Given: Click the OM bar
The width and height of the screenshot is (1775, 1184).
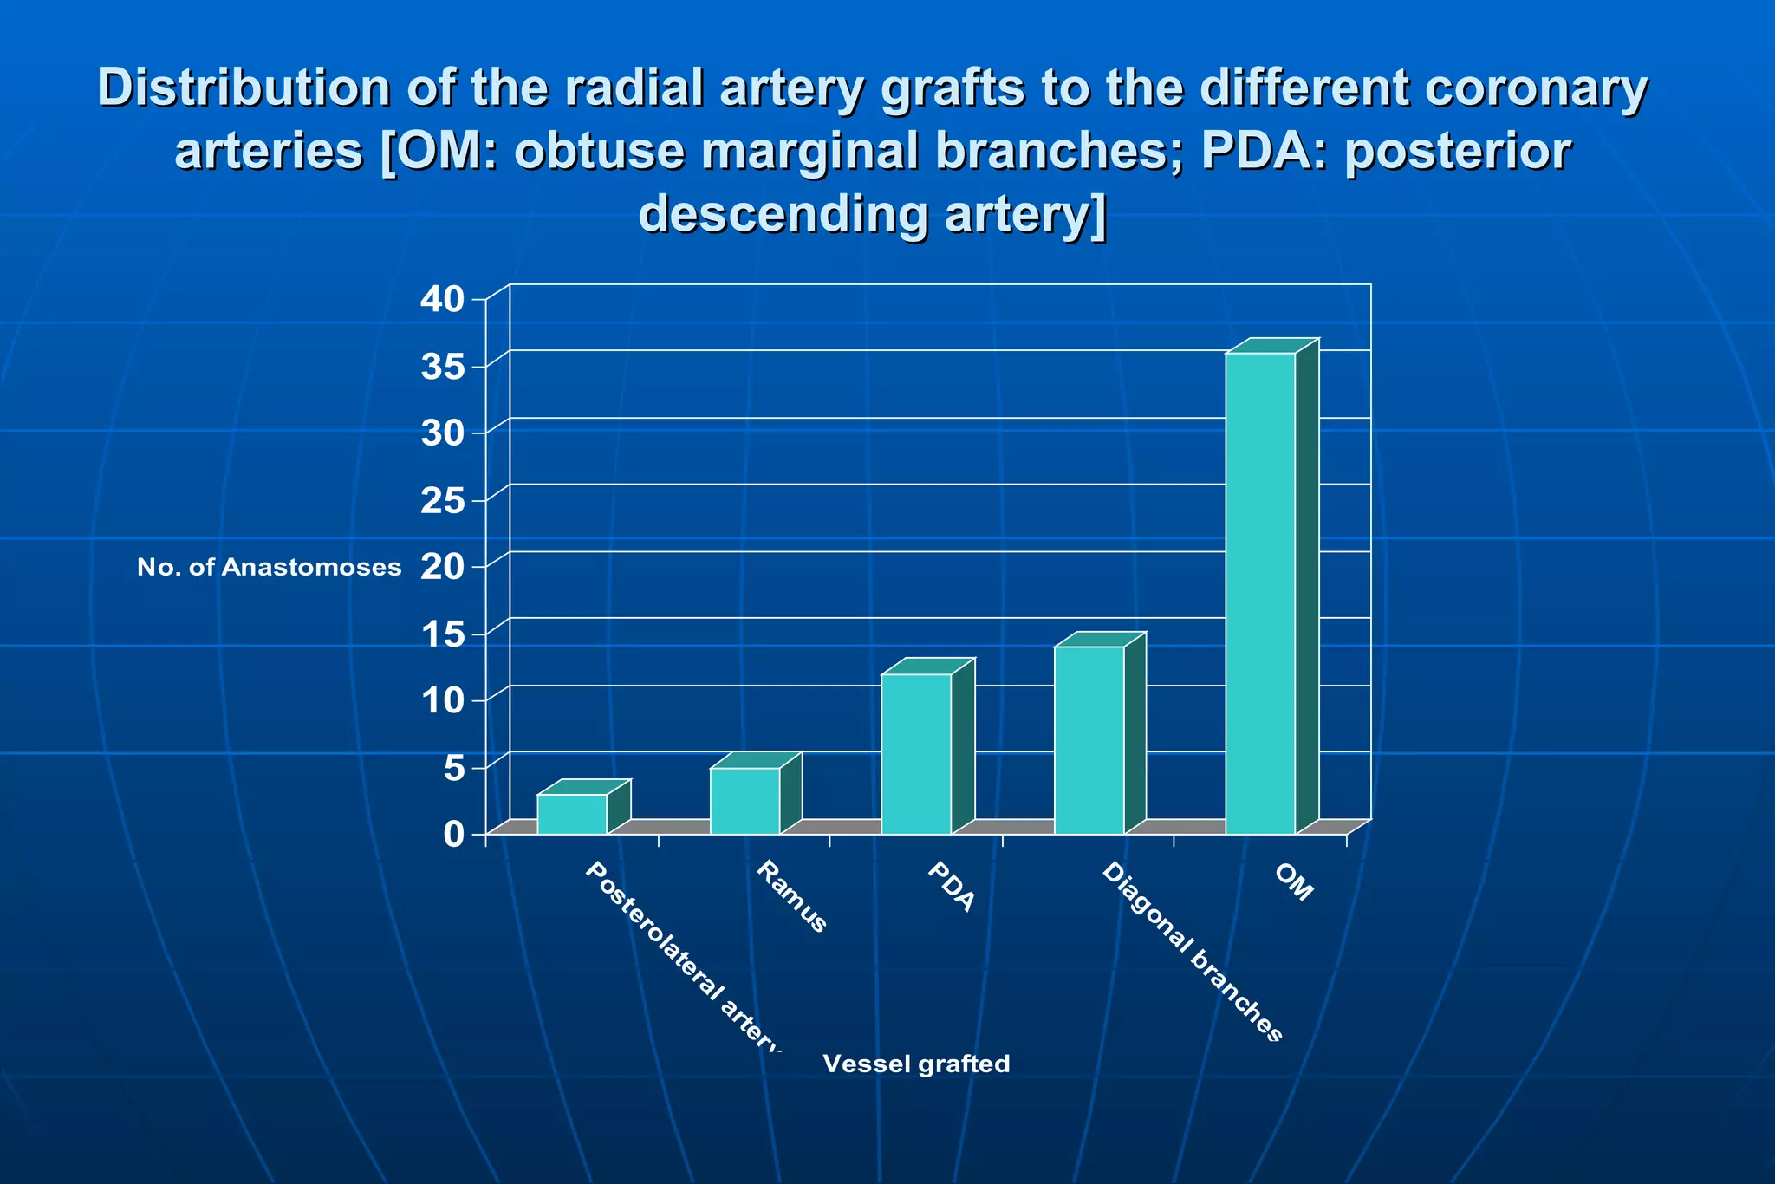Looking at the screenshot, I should click(x=1261, y=594).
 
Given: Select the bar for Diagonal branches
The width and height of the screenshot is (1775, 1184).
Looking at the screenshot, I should click(x=1089, y=740).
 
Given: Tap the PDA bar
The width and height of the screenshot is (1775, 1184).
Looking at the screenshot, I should click(x=916, y=754).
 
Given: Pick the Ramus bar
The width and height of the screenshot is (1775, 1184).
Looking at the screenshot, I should click(x=745, y=801).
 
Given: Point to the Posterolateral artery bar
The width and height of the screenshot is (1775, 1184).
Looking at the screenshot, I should click(x=572, y=815).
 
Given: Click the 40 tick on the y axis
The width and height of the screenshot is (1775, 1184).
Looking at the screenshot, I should click(x=443, y=299).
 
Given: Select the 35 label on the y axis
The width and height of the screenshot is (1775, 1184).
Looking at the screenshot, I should click(x=443, y=367).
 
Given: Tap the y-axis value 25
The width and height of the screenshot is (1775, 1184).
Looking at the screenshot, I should click(x=443, y=500).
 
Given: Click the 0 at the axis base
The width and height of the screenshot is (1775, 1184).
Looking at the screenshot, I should click(x=454, y=835).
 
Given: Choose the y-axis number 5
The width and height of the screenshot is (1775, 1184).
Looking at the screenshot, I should click(x=454, y=768).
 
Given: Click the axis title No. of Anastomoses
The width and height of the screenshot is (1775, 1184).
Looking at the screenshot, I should click(x=269, y=568).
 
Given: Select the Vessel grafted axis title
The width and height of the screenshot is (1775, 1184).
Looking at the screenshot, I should click(x=916, y=1064).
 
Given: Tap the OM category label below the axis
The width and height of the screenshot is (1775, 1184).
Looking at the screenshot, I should click(x=1294, y=883).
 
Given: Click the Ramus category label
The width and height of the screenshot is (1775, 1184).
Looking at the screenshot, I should click(x=791, y=897).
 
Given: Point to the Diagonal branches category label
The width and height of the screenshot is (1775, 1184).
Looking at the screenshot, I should click(x=1191, y=952).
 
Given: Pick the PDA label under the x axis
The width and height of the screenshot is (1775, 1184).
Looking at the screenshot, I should click(x=951, y=887).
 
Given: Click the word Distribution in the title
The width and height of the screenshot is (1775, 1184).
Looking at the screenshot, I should click(x=244, y=88).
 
